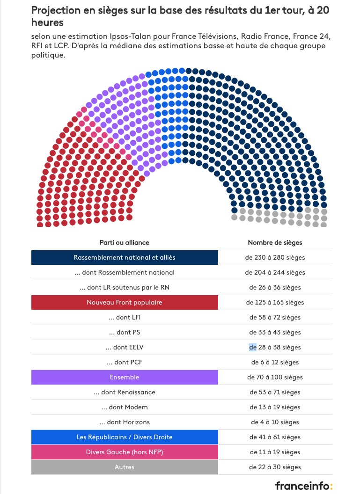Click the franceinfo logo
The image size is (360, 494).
[x=304, y=486]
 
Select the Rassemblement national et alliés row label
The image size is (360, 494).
[x=125, y=257]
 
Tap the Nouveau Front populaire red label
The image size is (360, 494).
[x=125, y=303]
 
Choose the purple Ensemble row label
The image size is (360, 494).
[x=125, y=377]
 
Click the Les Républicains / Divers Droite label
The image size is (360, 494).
[x=125, y=437]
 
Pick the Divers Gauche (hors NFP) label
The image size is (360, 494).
[x=125, y=452]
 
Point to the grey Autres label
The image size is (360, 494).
[x=125, y=467]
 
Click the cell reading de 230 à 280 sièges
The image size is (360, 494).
[x=275, y=257]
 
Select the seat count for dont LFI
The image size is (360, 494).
[x=275, y=317]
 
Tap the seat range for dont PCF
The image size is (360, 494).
[x=275, y=362]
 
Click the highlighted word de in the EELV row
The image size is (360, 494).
[x=253, y=347]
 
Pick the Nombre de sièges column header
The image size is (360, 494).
[x=275, y=243]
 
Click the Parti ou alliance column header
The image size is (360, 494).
[x=125, y=243]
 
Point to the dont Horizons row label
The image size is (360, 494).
[x=125, y=422]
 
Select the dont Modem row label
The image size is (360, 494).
[x=125, y=407]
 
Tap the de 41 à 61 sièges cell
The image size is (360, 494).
[x=275, y=437]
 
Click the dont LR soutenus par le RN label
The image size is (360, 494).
[x=125, y=287]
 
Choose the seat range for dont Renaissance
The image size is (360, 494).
[x=275, y=392]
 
